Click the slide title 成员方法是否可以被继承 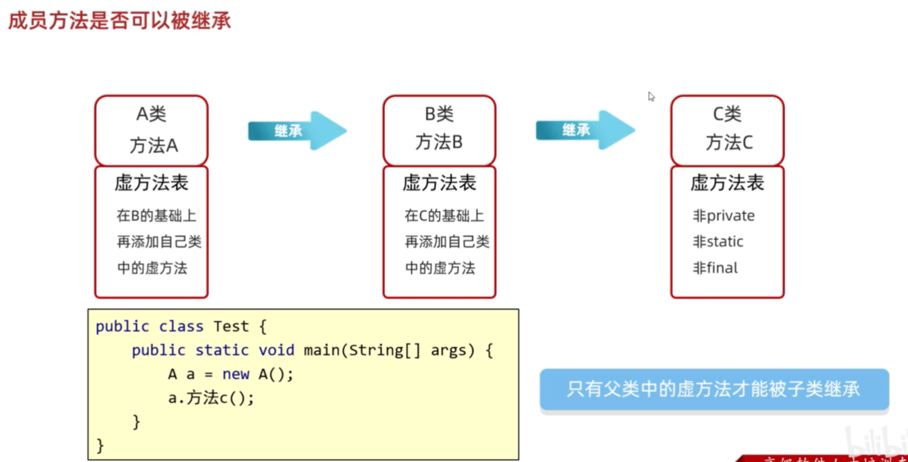120,21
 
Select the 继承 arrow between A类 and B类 297,131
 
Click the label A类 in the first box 151,114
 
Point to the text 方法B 439,142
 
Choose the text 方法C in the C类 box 728,143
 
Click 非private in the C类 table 723,216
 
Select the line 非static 718,242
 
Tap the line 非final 715,268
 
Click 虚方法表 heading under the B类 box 439,183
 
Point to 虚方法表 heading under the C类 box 727,183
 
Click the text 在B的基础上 156,216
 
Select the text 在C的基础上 444,216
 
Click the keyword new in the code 235,374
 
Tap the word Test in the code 231,326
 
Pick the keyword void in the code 276,350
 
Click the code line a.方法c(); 211,398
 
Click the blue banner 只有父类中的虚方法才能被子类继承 714,389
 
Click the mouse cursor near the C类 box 651,96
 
